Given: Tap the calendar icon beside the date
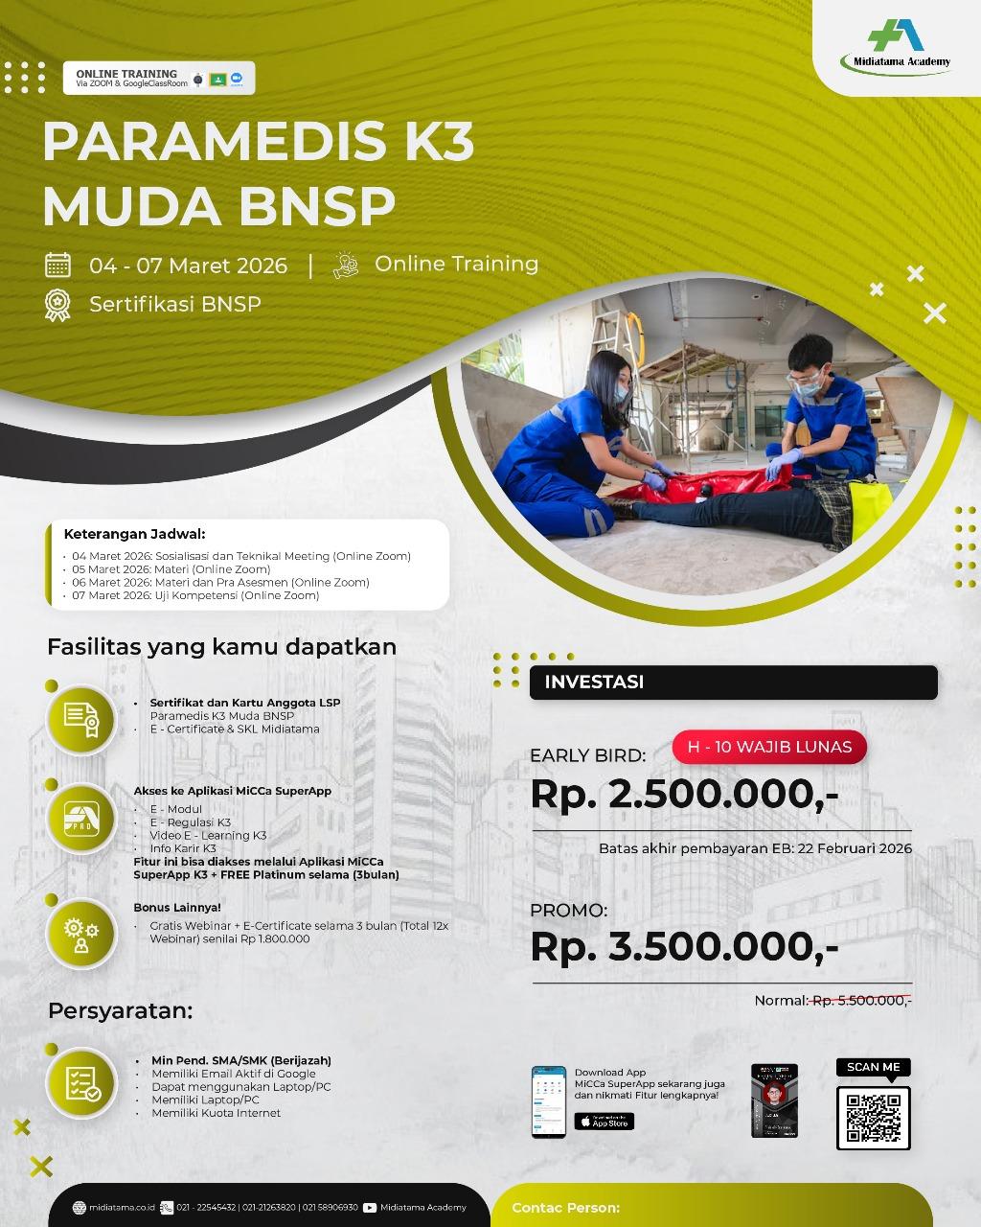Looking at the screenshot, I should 57,265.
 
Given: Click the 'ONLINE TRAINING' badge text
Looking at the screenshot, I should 126,74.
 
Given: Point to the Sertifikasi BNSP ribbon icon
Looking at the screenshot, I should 57,304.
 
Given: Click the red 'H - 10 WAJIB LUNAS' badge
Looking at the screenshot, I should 769,747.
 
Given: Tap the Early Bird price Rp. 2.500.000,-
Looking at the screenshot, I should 684,795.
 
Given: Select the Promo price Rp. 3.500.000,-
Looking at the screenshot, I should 684,946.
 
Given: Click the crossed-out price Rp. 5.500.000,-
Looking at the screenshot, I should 860,1001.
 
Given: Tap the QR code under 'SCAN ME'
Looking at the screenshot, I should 873,1117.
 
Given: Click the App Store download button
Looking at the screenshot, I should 604,1122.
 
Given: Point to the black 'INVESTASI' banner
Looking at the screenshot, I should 733,683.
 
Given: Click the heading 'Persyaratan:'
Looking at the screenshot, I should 121,1010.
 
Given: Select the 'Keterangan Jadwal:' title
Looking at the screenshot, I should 134,534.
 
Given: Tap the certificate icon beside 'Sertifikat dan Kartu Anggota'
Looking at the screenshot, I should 81,719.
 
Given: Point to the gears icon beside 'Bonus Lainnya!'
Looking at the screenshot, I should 81,932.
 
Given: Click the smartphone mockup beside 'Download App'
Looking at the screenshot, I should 549,1101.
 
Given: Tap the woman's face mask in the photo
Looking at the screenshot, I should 621,391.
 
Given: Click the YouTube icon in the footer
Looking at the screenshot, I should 370,1208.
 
